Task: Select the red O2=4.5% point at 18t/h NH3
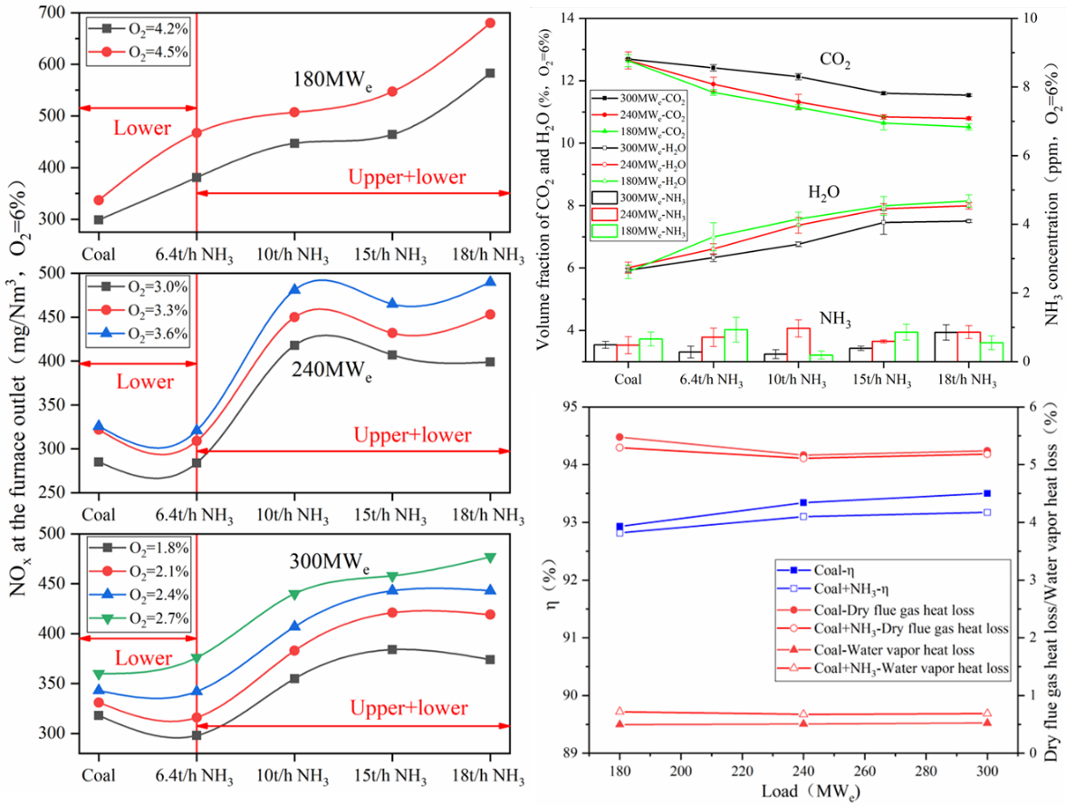pyautogui.click(x=490, y=23)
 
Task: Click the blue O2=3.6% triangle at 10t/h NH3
pyautogui.click(x=294, y=290)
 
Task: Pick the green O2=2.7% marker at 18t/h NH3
pyautogui.click(x=490, y=557)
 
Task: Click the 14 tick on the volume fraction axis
pyautogui.click(x=569, y=18)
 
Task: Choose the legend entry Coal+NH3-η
pyautogui.click(x=823, y=588)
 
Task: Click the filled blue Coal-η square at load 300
pyautogui.click(x=986, y=493)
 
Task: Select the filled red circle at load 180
pyautogui.click(x=619, y=437)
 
